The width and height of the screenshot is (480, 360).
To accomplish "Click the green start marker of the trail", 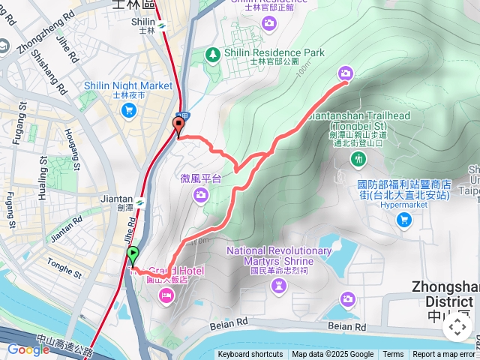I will tap(133, 256).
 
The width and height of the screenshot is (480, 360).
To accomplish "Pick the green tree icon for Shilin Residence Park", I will tap(214, 54).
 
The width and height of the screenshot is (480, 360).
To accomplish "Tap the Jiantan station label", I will tap(115, 199).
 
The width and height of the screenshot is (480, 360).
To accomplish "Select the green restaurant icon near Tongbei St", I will tap(359, 158).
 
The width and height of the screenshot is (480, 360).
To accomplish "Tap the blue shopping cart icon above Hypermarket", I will tap(403, 220).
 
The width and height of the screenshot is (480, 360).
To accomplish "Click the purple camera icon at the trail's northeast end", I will tap(345, 73).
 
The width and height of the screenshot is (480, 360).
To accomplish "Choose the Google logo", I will tap(28, 349).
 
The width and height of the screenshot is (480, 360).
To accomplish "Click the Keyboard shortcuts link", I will tap(250, 355).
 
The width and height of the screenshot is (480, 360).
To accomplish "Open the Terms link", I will tap(393, 355).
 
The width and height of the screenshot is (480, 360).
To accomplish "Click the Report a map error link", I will tap(445, 355).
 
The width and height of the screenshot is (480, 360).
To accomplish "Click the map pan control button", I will tap(457, 327).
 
